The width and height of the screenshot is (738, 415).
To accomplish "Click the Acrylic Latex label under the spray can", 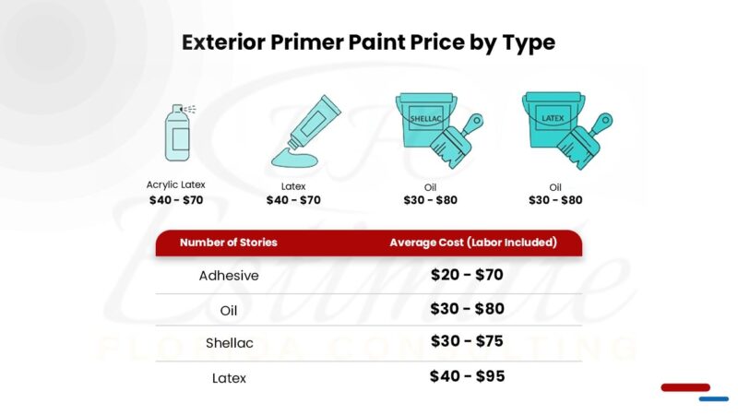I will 176,184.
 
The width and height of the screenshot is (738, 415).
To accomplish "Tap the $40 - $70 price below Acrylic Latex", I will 176,199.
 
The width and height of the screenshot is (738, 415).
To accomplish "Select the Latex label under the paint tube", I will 293,186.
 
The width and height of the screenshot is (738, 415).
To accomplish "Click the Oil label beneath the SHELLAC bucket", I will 430,187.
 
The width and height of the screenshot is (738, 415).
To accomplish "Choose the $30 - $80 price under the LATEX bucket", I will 555,200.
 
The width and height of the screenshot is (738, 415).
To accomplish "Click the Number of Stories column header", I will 228,243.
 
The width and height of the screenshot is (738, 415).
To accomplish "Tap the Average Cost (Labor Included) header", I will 472,243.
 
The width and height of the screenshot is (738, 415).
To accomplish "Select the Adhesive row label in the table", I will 229,275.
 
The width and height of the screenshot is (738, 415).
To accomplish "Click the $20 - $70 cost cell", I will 467,274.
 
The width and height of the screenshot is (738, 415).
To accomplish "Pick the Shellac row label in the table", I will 229,343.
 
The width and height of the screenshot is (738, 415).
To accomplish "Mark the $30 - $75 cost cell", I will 467,341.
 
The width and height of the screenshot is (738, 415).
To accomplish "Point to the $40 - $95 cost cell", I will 467,376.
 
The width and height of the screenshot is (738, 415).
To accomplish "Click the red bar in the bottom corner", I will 684,387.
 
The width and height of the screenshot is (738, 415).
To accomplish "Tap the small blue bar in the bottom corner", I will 713,398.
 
